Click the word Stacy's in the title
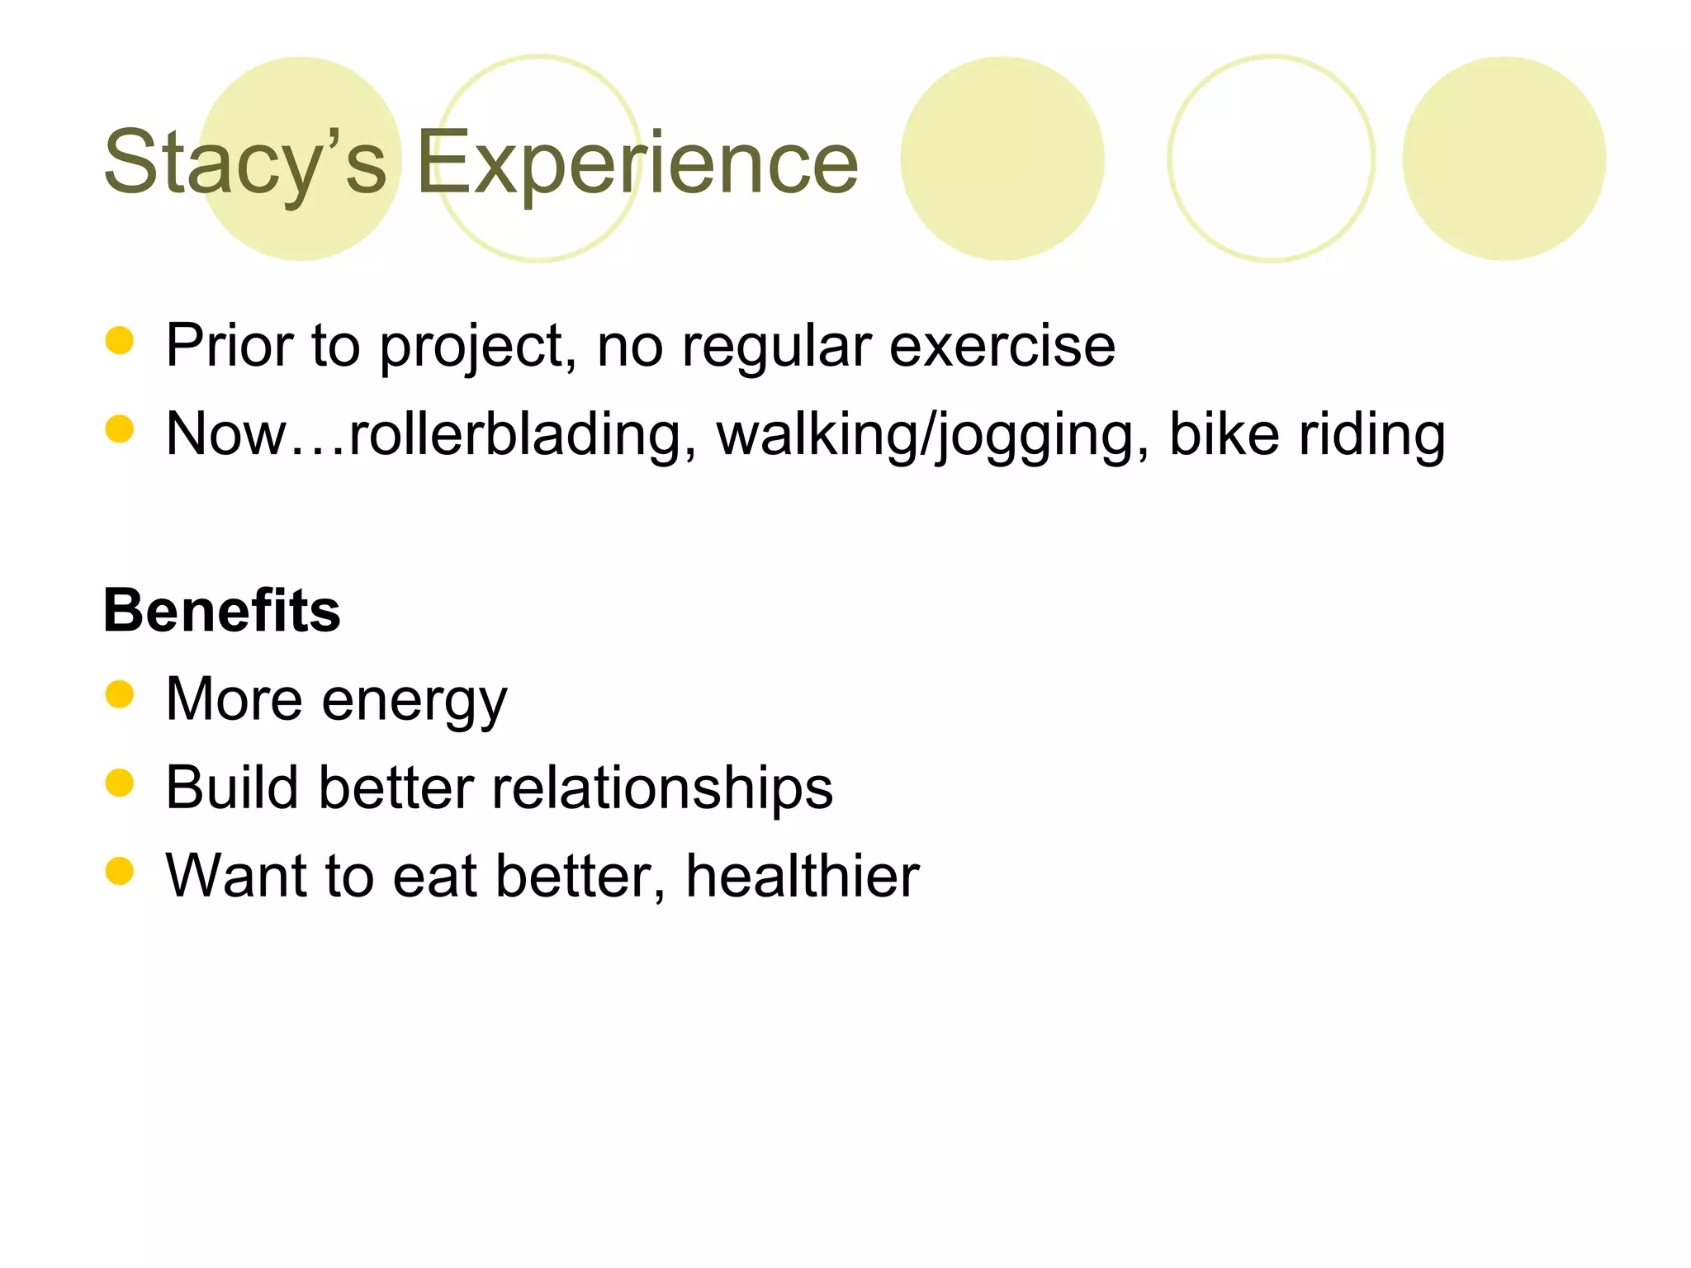pyautogui.click(x=244, y=163)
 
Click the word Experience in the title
pyautogui.click(x=637, y=163)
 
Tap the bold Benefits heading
pyautogui.click(x=221, y=611)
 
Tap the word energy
pyautogui.click(x=414, y=701)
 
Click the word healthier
pyautogui.click(x=802, y=876)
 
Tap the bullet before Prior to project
pyautogui.click(x=120, y=340)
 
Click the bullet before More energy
pyautogui.click(x=120, y=694)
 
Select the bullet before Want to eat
pyautogui.click(x=120, y=871)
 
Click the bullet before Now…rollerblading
pyautogui.click(x=120, y=428)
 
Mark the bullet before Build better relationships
pyautogui.click(x=120, y=783)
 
